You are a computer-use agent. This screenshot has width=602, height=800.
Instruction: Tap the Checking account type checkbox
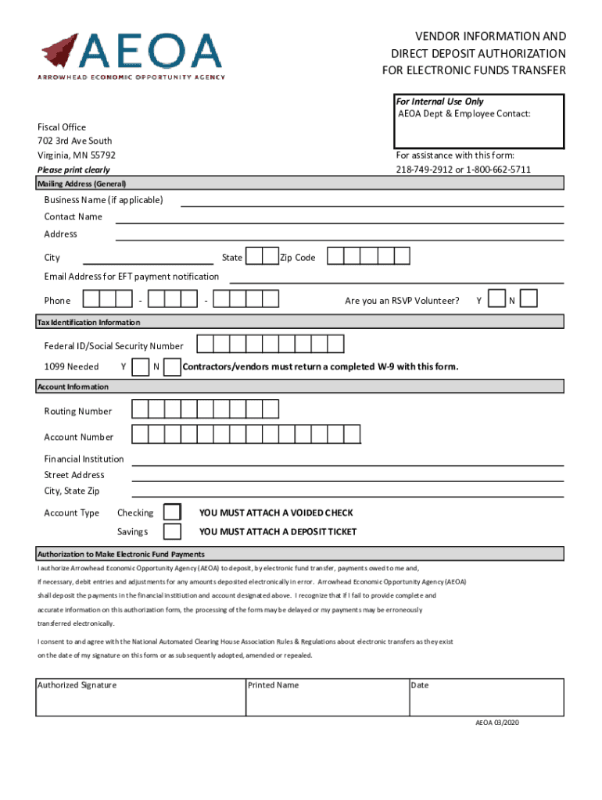(x=172, y=512)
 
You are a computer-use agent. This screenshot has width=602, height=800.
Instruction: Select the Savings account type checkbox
(x=172, y=531)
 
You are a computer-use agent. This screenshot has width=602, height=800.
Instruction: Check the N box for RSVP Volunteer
(x=529, y=299)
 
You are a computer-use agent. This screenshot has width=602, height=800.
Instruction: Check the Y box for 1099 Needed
(x=142, y=366)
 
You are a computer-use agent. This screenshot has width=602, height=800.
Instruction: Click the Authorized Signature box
(x=141, y=697)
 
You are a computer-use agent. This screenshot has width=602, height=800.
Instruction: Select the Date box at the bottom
(x=486, y=697)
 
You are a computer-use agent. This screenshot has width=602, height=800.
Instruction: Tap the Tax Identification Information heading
(x=89, y=322)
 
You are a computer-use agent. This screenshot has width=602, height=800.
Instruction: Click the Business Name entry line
(x=372, y=201)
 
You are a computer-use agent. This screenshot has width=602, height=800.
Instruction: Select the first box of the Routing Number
(x=140, y=410)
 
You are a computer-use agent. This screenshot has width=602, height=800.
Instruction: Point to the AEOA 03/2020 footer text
(x=497, y=723)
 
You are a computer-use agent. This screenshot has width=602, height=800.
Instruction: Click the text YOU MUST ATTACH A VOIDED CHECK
(x=276, y=512)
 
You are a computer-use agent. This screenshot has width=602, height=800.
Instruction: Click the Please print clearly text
(x=73, y=170)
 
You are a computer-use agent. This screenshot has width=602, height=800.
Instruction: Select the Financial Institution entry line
(x=347, y=459)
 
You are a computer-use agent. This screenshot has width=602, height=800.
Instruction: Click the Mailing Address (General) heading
(x=82, y=184)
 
